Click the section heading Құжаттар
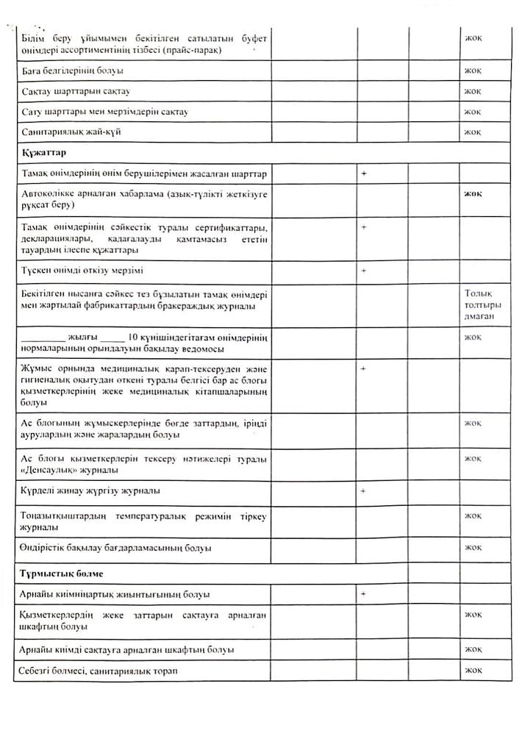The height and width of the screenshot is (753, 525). [x=45, y=153]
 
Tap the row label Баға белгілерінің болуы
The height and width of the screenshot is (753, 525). [x=73, y=71]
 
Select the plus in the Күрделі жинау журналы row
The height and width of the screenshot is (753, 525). [x=364, y=490]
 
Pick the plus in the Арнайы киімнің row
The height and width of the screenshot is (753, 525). [x=364, y=593]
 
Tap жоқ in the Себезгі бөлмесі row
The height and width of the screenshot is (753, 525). [x=473, y=671]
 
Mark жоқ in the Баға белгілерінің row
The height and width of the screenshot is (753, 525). [x=473, y=71]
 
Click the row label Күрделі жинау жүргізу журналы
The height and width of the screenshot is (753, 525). [x=92, y=490]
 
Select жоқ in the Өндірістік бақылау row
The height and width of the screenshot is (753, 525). [x=473, y=548]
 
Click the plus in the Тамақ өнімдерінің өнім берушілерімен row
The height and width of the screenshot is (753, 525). [x=364, y=174]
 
